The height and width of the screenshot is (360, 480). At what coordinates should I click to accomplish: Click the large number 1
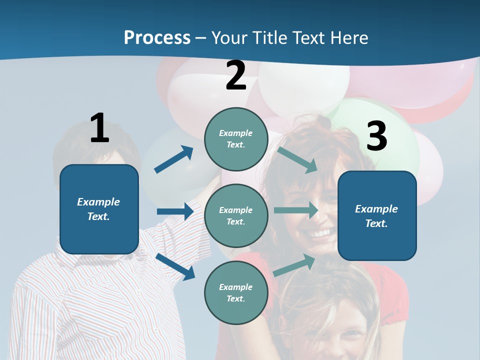pos(99,128)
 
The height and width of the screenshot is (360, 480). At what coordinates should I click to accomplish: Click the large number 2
pos(236,75)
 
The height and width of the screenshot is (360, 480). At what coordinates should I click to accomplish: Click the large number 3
pos(376,136)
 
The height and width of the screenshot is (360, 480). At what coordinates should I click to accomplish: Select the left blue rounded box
pos(99,209)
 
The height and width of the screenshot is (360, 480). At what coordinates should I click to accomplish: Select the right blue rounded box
pos(377,215)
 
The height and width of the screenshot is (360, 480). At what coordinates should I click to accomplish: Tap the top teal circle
pos(236,139)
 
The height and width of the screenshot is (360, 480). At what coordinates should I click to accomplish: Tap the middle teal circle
pos(236,215)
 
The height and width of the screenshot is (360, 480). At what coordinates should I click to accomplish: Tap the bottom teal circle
pos(236,292)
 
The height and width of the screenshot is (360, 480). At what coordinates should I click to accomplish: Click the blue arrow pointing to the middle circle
pos(175,211)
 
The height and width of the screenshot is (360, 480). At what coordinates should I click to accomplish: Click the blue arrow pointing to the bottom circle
pos(175,266)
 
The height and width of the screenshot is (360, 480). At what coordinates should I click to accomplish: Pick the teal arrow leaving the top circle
pos(297,159)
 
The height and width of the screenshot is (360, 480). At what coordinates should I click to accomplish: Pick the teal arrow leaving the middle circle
pos(296,210)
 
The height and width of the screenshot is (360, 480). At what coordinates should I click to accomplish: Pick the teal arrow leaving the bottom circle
pos(294,264)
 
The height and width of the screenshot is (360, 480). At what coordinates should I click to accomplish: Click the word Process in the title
pos(157,37)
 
